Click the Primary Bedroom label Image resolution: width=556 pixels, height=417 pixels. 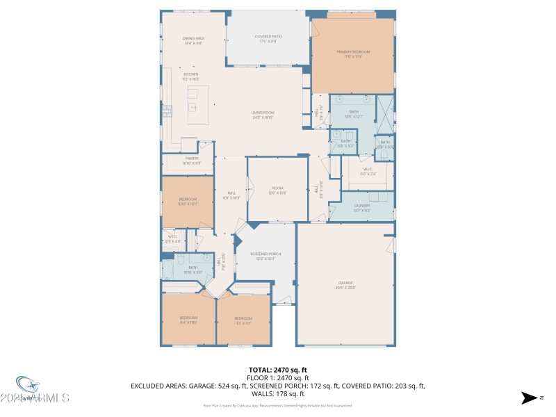click(353, 54)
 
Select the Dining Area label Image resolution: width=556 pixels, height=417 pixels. click(193, 40)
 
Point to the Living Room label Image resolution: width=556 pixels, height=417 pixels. click(263, 115)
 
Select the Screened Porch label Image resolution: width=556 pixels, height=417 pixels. click(265, 256)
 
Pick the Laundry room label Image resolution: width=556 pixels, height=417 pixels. click(361, 207)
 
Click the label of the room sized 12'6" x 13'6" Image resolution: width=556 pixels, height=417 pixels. click(277, 190)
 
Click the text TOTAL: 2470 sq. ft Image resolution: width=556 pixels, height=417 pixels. click(278, 370)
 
